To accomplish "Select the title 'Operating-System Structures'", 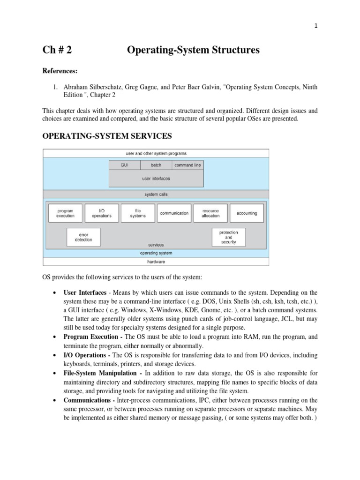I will click(193, 50).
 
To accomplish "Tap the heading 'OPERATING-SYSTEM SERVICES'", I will click(107, 136).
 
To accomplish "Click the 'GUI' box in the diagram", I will click(124, 165).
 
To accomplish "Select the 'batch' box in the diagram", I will click(156, 165).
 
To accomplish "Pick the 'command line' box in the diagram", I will click(187, 165).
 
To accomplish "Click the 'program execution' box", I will click(65, 213).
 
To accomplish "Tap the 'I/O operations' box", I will click(101, 213).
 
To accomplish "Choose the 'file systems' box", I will click(138, 213).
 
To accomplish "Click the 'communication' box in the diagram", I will click(174, 213).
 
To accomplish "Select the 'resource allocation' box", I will click(210, 213).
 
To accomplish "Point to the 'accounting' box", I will click(247, 213).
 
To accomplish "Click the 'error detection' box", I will click(83, 237).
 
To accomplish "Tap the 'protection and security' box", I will click(229, 237).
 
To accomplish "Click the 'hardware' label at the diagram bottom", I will click(156, 261).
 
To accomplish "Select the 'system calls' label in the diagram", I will click(156, 194).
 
